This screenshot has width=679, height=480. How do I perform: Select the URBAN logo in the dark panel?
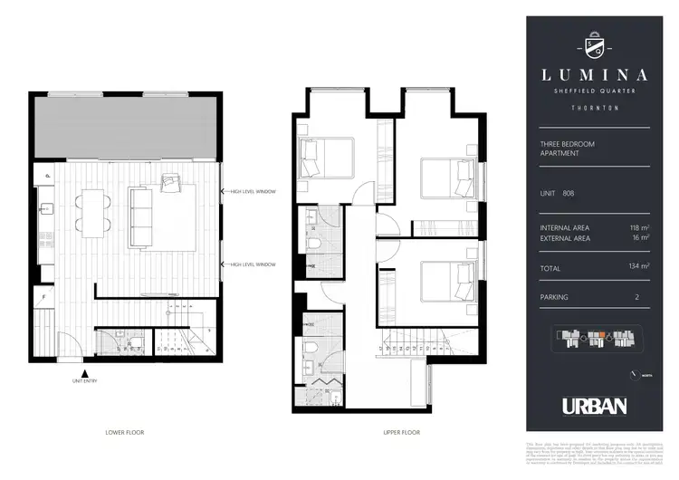click(594, 406)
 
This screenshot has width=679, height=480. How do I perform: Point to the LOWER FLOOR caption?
click(125, 433)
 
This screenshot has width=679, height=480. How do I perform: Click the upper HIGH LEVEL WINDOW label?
click(253, 192)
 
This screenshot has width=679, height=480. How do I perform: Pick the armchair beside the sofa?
click(172, 184)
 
